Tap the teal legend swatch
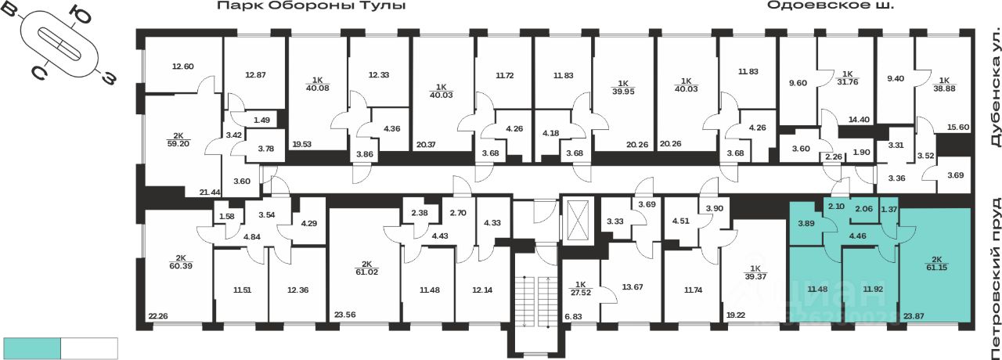pos(32,348)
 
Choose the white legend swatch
pos(89,348)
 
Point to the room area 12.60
pos(182,67)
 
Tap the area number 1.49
pos(261,121)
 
